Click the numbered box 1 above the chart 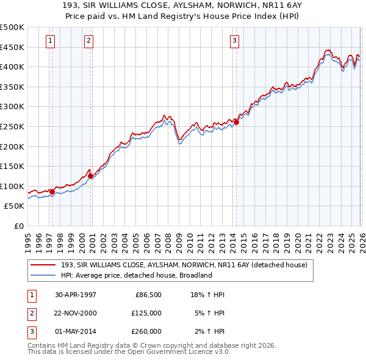[50, 41]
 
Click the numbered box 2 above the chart [88, 41]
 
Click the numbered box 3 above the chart [234, 41]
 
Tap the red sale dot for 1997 [52, 192]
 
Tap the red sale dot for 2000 [91, 176]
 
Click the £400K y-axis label [12, 67]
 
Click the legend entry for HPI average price [135, 275]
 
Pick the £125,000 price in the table [147, 313]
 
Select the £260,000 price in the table [147, 331]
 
